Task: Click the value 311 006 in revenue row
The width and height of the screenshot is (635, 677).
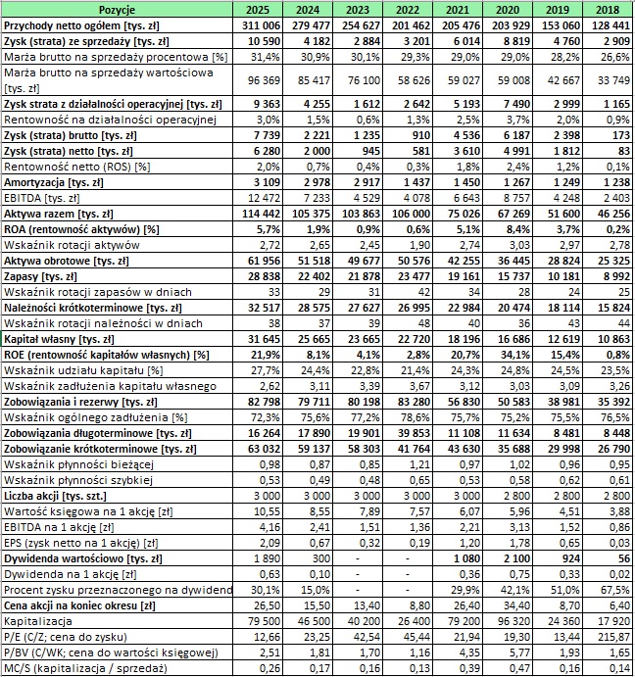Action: [262, 23]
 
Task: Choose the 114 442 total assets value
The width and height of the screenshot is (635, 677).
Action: [262, 214]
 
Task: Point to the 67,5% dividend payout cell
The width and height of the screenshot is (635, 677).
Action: [611, 590]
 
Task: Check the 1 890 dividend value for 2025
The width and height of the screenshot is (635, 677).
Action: [262, 558]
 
